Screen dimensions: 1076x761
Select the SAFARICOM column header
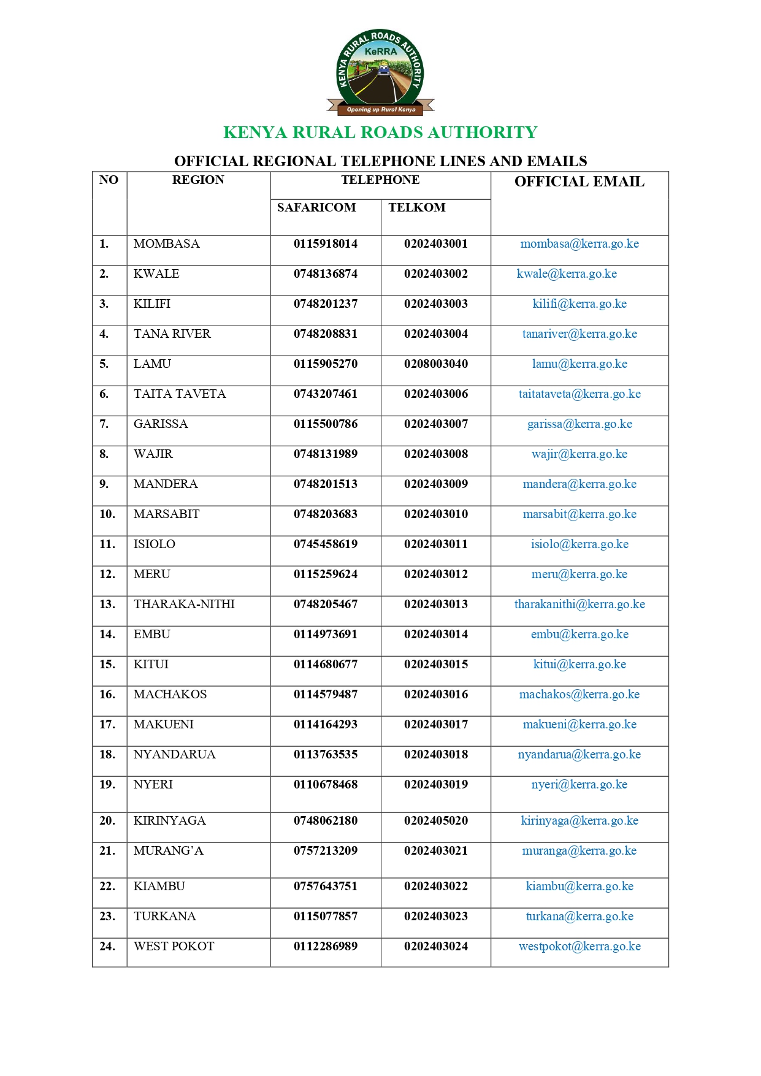pos(316,208)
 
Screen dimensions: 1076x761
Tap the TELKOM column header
pos(417,208)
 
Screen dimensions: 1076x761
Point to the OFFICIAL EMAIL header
pos(579,181)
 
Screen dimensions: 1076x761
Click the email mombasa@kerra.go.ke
pos(579,244)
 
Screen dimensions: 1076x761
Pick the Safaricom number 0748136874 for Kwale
pos(325,274)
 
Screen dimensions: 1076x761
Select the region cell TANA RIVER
pos(172,334)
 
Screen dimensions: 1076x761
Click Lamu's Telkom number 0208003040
pos(435,364)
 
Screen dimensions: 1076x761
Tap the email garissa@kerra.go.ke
pos(579,424)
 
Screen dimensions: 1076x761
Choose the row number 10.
pos(107,514)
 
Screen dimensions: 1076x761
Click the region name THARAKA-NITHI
pos(184,605)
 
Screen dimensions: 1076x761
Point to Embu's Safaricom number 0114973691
pos(325,635)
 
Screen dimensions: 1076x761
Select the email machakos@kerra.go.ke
pos(579,695)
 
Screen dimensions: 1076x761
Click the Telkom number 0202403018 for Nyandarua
pos(435,755)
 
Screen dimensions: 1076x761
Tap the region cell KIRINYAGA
pos(169,821)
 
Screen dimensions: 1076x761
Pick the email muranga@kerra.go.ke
pos(579,851)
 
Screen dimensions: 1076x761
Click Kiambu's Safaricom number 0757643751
pos(325,887)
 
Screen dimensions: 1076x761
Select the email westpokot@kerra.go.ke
pos(579,947)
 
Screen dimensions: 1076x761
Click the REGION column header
pos(198,180)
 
